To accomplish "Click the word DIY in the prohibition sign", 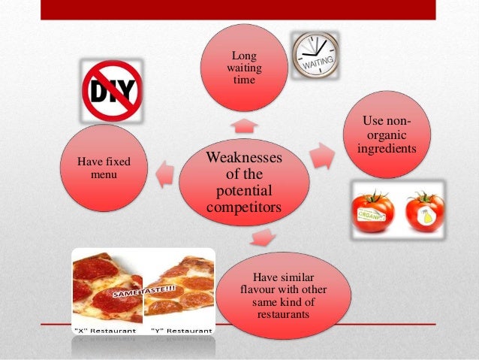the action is (x=111, y=92).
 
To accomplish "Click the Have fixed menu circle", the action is (x=104, y=168).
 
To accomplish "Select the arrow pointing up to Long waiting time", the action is (x=244, y=123).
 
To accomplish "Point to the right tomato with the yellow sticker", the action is (x=425, y=210).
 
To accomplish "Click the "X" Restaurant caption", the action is (x=104, y=330).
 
